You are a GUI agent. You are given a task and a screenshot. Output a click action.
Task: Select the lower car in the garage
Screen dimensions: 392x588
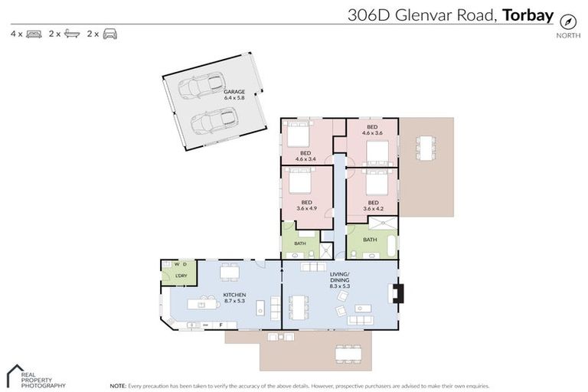213,121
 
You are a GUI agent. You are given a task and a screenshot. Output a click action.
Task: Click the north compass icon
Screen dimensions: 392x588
567,21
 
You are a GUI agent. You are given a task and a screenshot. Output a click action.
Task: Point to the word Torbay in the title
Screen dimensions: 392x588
528,14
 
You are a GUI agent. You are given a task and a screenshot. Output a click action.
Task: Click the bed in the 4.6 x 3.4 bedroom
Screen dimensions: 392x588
297,135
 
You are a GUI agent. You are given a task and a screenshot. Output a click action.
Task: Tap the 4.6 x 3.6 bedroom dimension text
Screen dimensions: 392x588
371,133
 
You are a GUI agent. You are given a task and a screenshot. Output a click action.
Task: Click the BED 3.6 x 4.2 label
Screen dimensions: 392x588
373,206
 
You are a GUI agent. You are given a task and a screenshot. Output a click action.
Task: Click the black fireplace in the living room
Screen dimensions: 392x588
397,294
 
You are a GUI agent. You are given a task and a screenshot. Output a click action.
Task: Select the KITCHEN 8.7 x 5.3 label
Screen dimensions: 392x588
234,298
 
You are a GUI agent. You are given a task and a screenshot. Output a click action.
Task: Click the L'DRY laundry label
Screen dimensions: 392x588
181,276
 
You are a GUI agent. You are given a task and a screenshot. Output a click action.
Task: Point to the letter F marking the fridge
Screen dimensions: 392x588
222,325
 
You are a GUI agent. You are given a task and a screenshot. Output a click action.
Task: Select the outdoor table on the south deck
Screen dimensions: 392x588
346,352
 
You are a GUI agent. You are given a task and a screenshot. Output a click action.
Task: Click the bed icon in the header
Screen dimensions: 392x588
33,34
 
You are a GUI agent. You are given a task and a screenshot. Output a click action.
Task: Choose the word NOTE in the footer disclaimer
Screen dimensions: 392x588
119,385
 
